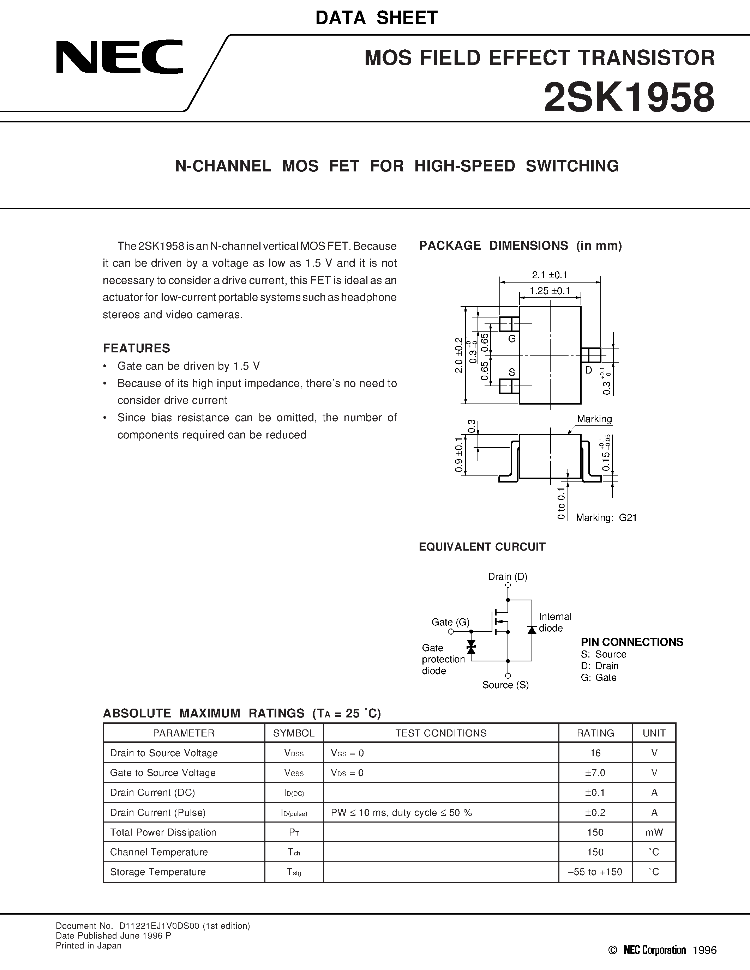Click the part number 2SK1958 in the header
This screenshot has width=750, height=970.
tap(629, 98)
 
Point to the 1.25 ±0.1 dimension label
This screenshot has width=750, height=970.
tap(550, 291)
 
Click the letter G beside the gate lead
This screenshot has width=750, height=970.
tap(512, 339)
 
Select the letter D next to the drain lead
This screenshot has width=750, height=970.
tap(589, 370)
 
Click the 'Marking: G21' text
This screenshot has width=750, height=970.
tap(606, 517)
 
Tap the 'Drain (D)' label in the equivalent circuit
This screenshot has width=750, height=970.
tap(508, 576)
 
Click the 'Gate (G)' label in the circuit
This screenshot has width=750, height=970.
tap(450, 622)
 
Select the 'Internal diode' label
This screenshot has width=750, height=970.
tap(555, 622)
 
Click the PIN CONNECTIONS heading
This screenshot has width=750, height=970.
tap(632, 642)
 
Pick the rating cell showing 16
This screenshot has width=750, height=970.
tap(595, 753)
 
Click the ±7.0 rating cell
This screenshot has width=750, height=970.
tap(595, 773)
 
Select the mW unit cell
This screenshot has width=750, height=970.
tap(654, 832)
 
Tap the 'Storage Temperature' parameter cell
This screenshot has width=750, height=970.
tap(158, 872)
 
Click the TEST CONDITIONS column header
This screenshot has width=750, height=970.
tap(441, 733)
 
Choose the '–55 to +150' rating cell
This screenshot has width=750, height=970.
tap(595, 872)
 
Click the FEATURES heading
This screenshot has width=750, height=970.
tap(136, 348)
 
